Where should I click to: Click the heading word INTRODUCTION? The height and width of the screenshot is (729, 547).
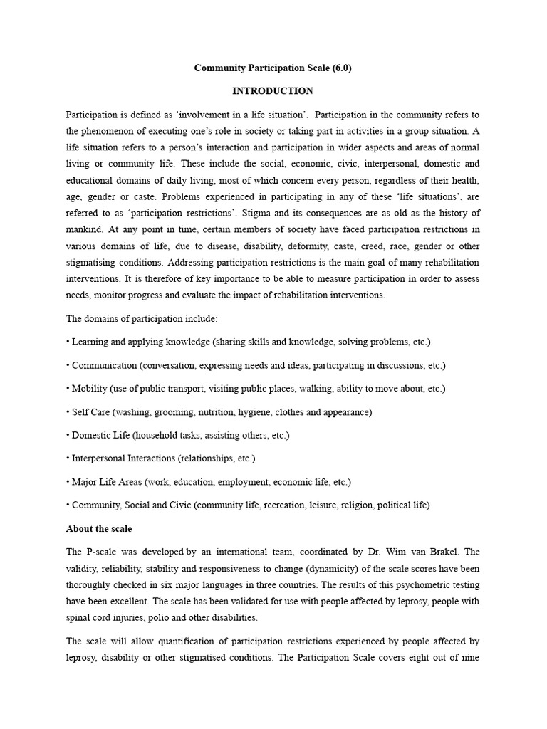tap(273, 91)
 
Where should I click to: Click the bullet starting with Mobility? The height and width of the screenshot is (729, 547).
tap(90, 389)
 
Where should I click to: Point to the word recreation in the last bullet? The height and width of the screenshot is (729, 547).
tap(267, 505)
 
